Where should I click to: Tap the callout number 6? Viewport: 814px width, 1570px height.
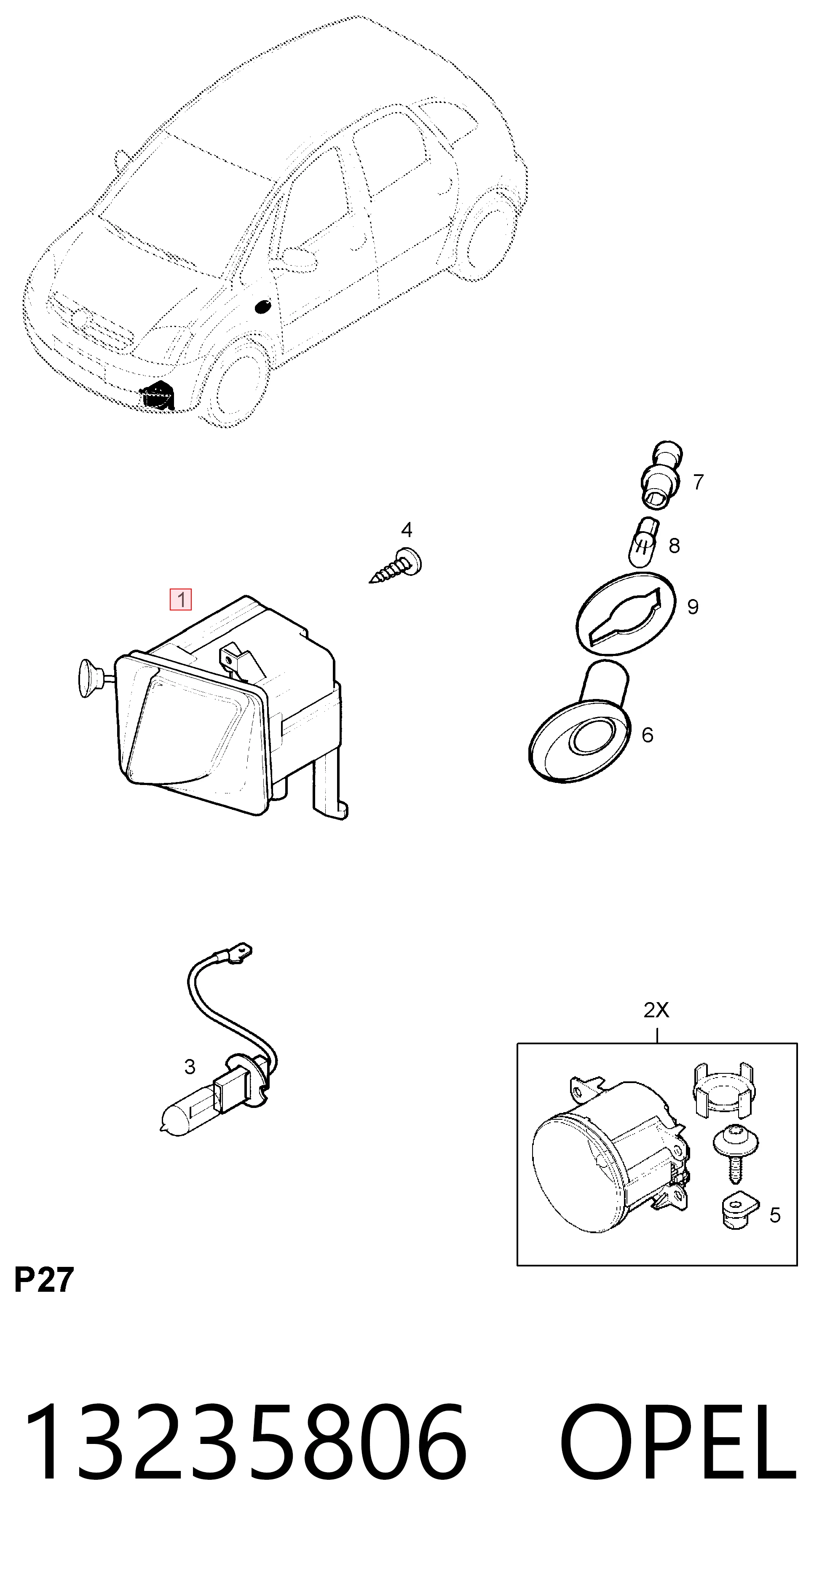[648, 735]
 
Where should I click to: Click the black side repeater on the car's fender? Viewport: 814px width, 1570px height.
[262, 306]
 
